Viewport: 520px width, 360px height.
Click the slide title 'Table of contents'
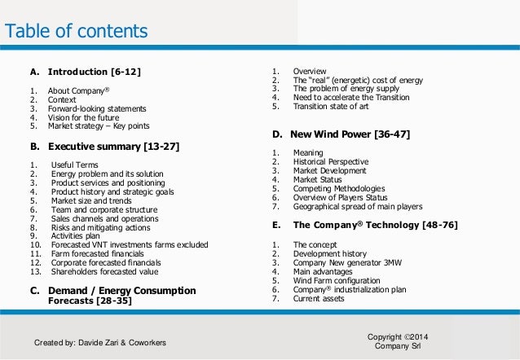click(x=77, y=32)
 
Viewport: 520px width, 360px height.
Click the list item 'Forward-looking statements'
click(x=97, y=108)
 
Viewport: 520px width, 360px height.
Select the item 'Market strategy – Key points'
click(x=99, y=126)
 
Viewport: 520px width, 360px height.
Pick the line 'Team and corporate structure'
click(x=104, y=209)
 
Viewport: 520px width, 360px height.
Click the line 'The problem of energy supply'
click(x=346, y=87)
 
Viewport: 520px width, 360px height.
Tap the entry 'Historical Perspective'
click(x=330, y=161)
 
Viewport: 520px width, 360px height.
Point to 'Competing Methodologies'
click(x=335, y=188)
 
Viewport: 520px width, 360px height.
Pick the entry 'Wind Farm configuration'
click(x=336, y=281)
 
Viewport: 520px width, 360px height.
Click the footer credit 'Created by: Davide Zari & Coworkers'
click(x=99, y=343)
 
